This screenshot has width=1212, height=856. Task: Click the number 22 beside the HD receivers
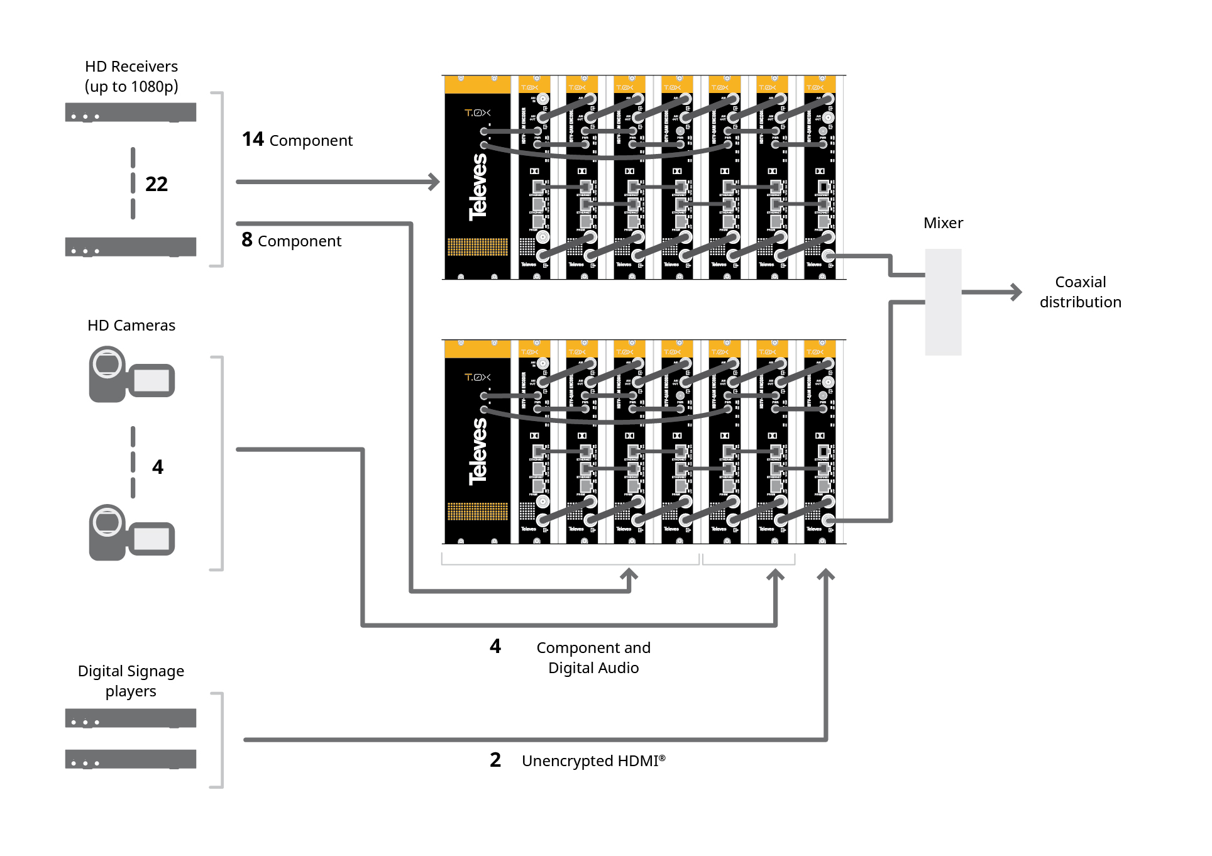(x=157, y=184)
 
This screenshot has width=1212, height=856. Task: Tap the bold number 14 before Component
(x=253, y=139)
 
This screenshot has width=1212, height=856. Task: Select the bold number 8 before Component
(x=247, y=239)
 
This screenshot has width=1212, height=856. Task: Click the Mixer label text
(x=943, y=223)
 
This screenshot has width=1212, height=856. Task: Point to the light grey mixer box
(x=943, y=302)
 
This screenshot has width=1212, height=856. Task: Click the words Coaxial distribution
(x=1080, y=292)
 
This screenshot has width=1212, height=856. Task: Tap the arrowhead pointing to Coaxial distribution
(x=1016, y=292)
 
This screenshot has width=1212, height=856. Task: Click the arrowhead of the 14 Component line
(x=434, y=182)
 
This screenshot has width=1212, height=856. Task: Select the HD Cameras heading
(x=131, y=326)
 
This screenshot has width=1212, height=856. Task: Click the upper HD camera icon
(x=131, y=375)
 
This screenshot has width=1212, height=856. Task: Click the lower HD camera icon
(x=131, y=533)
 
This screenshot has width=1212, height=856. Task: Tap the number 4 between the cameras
(x=158, y=467)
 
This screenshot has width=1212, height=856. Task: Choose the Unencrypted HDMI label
(x=593, y=761)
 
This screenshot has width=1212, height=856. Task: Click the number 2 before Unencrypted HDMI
(x=495, y=760)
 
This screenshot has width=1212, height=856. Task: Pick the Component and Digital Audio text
(x=593, y=658)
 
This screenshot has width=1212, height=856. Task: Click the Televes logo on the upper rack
(x=478, y=187)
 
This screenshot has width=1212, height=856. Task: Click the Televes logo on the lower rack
(x=478, y=451)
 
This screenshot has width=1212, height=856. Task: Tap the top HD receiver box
(x=131, y=112)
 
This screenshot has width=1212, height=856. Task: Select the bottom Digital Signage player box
(x=131, y=759)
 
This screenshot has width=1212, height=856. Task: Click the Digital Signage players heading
(x=131, y=681)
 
